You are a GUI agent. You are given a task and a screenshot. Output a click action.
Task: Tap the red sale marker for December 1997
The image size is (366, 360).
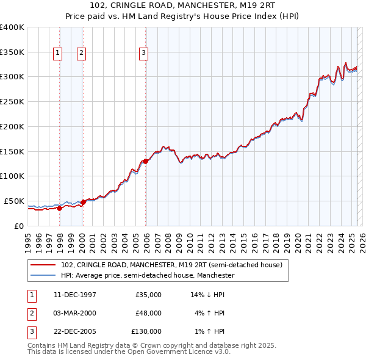click(x=60, y=208)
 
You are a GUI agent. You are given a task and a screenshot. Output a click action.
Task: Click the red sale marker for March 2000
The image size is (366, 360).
click(x=83, y=201)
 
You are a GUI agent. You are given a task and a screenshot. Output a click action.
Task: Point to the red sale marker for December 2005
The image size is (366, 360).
click(x=146, y=161)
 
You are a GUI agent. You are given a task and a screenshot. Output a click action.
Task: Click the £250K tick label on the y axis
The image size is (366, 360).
click(x=12, y=101)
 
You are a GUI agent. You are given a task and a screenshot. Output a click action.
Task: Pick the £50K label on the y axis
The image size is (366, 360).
click(x=15, y=201)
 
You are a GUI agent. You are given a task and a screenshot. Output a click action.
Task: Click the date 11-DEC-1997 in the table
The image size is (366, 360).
click(x=75, y=295)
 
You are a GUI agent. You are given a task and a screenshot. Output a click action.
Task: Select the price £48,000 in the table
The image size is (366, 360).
click(x=148, y=313)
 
